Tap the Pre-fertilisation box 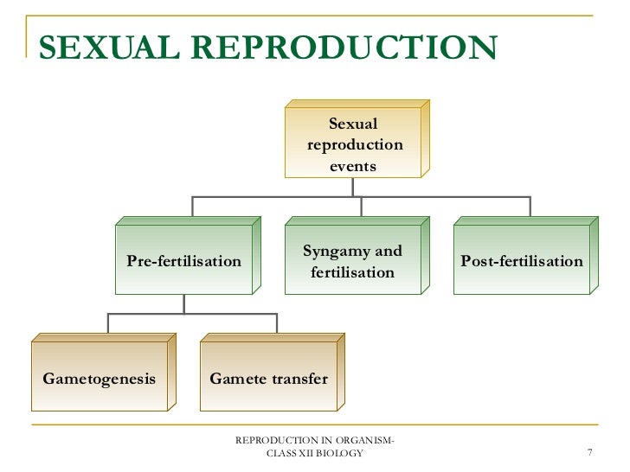tap(183, 261)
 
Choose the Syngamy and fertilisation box tap(352, 261)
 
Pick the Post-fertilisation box tap(521, 261)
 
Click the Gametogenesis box tap(99, 379)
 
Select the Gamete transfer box tap(268, 379)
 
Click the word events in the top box tap(353, 165)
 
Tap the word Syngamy tap(327, 252)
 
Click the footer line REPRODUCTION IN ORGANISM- tap(315, 442)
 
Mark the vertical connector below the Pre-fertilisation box tap(183, 304)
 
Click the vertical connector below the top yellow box tap(361, 188)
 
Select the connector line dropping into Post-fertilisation tap(530, 207)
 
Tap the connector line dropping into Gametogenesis tap(108, 323)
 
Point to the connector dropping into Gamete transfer tap(277, 323)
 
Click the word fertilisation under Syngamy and tap(352, 272)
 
